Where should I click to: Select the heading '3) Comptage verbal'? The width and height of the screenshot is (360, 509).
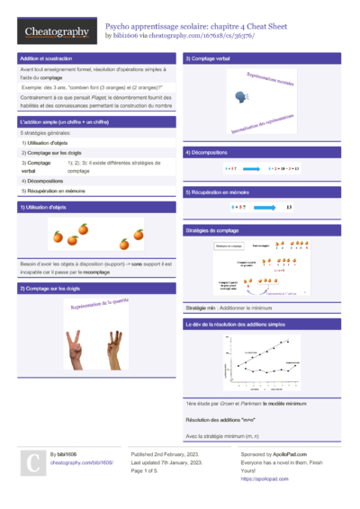coord(206,58)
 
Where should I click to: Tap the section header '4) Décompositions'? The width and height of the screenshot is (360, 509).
coord(206,154)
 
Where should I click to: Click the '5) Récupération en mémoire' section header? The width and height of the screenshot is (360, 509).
coord(218,192)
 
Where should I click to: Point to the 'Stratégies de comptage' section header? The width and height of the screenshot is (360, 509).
coord(211,230)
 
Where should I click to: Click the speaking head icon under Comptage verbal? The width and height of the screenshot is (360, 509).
coord(240,95)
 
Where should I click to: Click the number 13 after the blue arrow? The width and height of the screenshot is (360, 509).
coord(289,207)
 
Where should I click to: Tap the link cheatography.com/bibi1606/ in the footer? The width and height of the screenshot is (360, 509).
coord(81,462)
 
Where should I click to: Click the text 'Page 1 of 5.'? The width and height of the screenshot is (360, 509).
coord(149,470)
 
